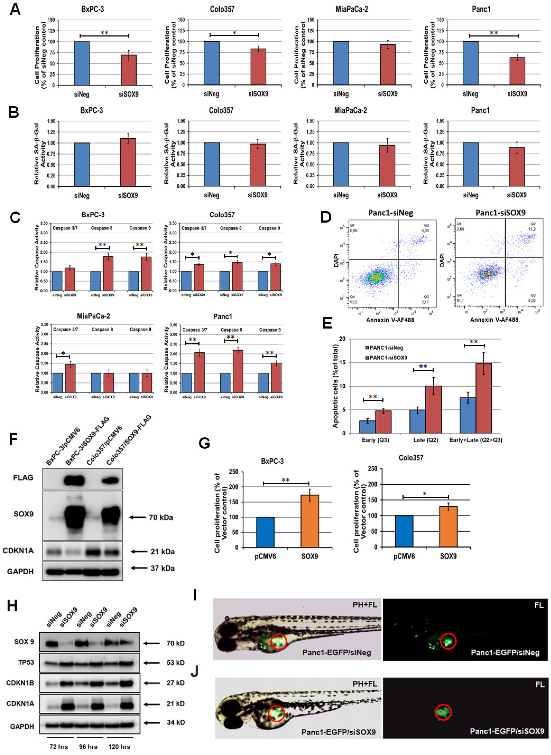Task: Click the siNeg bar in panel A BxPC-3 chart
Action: [x=82, y=63]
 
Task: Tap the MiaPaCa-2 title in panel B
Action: [x=351, y=110]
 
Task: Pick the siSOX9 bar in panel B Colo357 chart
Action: [x=257, y=165]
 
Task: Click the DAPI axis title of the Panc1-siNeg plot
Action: [x=336, y=260]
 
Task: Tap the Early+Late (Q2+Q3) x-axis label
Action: [x=476, y=440]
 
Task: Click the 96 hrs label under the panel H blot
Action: [x=88, y=747]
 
